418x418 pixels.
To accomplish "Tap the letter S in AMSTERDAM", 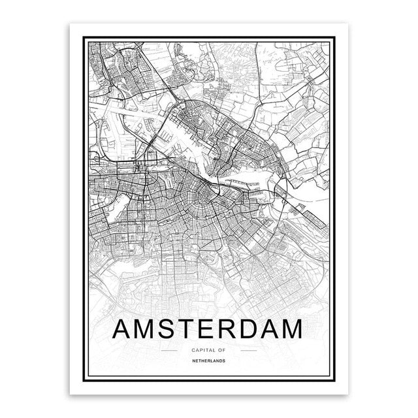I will click(172, 328).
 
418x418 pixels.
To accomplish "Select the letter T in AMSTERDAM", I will click(193, 328).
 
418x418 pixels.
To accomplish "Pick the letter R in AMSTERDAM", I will click(236, 328).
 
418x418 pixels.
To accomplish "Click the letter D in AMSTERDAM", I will click(259, 328).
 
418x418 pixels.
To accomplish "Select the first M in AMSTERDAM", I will click(148, 328).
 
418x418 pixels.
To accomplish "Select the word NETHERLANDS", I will click(209, 360).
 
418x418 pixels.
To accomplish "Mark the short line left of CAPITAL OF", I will click(169, 349).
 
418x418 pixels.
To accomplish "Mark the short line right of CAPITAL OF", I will click(249, 349).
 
